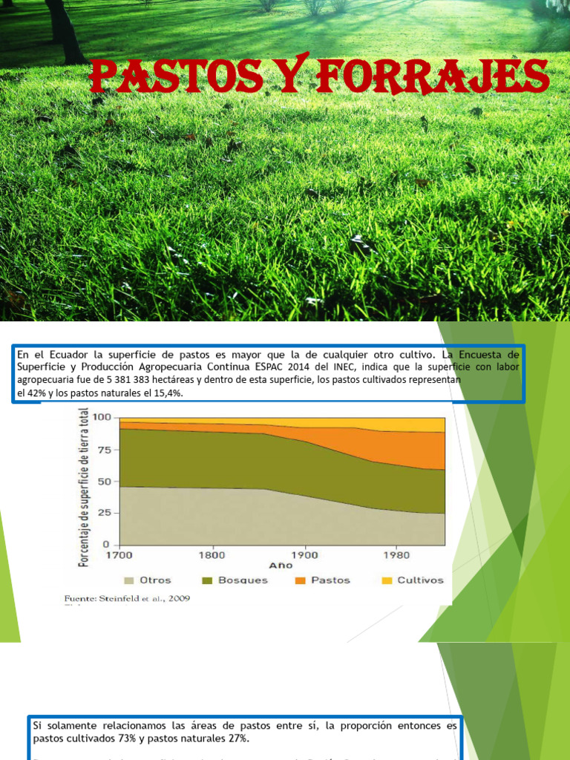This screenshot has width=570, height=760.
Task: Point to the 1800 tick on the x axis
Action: [212, 554]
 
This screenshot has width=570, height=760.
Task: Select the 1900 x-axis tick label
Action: [304, 554]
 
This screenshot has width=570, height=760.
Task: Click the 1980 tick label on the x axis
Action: [396, 554]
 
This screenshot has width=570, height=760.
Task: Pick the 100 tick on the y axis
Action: [101, 417]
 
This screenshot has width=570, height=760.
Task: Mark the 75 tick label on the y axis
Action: [104, 449]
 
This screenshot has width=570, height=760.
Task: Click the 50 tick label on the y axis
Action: [104, 481]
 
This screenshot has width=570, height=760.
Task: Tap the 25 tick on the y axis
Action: [104, 513]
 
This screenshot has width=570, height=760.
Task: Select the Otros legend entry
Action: [148, 580]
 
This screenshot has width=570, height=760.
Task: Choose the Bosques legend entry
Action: [235, 580]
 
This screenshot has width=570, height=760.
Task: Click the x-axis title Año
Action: [281, 566]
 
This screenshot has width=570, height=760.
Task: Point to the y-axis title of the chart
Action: [84, 488]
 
